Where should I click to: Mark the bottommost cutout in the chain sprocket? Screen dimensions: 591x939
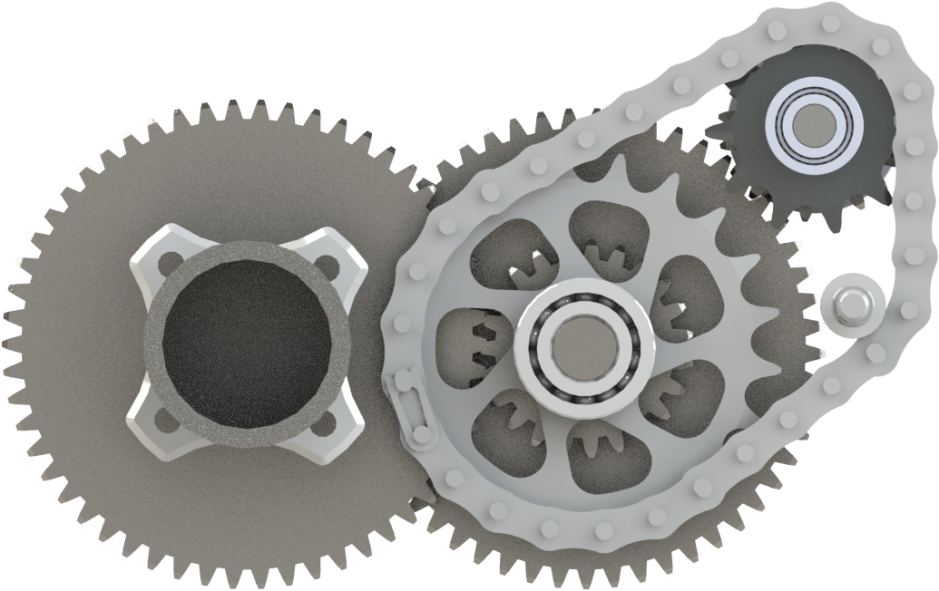click(x=603, y=453)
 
